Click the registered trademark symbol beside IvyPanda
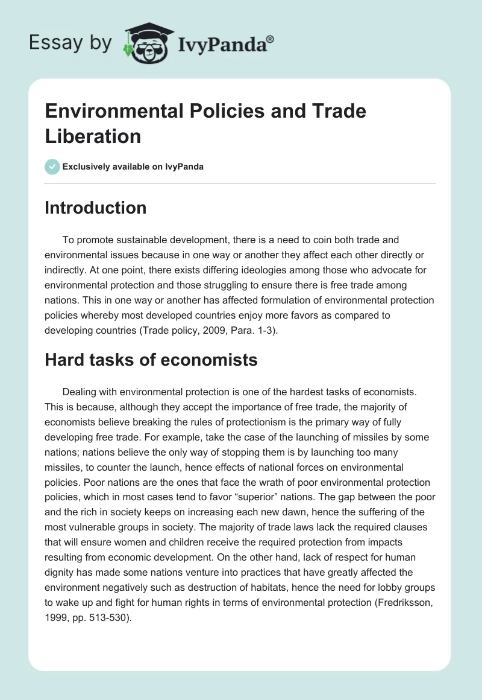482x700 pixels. coord(271,39)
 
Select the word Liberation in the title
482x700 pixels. coord(93,136)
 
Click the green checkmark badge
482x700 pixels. coord(52,167)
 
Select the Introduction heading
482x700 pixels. coord(95,208)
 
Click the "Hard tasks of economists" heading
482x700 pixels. coord(151,360)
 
